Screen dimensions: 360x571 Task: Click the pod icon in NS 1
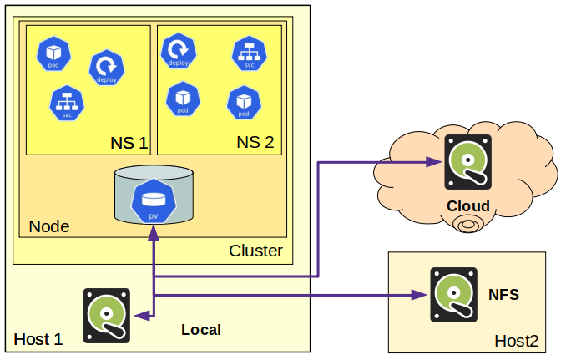click(x=53, y=53)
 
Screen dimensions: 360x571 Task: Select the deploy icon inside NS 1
click(x=107, y=68)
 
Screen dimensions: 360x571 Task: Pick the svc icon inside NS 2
click(x=249, y=53)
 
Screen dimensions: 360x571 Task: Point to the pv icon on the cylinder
click(x=154, y=202)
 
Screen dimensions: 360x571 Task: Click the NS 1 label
click(x=129, y=142)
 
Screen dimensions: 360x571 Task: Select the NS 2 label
click(x=255, y=142)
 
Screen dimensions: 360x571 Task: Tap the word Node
click(x=49, y=226)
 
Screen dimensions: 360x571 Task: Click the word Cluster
click(x=255, y=251)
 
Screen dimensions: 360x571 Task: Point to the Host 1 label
click(x=38, y=339)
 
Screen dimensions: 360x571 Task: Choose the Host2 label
click(x=516, y=341)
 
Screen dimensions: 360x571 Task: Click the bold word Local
click(x=201, y=330)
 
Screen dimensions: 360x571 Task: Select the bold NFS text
click(x=503, y=295)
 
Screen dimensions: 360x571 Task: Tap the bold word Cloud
click(x=468, y=206)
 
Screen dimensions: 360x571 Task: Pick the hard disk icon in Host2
click(x=454, y=296)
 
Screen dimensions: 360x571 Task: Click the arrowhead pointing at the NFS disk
click(x=422, y=295)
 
